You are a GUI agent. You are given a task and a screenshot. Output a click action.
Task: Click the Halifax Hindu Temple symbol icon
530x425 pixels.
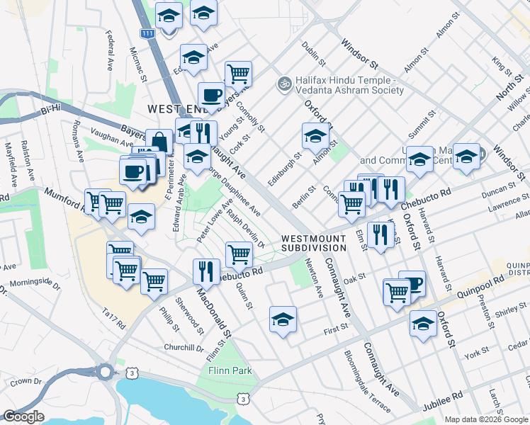coord(284,84)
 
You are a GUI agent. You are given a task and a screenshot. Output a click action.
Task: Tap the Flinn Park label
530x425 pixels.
coord(225,371)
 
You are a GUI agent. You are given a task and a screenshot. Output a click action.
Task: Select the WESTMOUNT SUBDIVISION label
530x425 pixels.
coord(313,243)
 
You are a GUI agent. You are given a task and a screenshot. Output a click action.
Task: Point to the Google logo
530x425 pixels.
coord(23,417)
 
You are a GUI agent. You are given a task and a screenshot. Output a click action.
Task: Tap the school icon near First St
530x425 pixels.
coord(283,319)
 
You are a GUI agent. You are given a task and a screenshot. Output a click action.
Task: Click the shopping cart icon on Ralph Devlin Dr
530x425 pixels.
coord(239,254)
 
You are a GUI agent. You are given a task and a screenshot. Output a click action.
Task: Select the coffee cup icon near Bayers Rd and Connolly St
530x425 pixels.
coord(211,94)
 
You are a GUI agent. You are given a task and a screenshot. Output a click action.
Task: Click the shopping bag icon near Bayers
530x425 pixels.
coord(159,142)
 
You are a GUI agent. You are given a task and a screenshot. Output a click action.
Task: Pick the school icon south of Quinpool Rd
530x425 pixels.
coord(423,324)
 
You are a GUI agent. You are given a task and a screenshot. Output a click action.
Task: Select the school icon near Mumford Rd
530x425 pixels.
coord(142,217)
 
